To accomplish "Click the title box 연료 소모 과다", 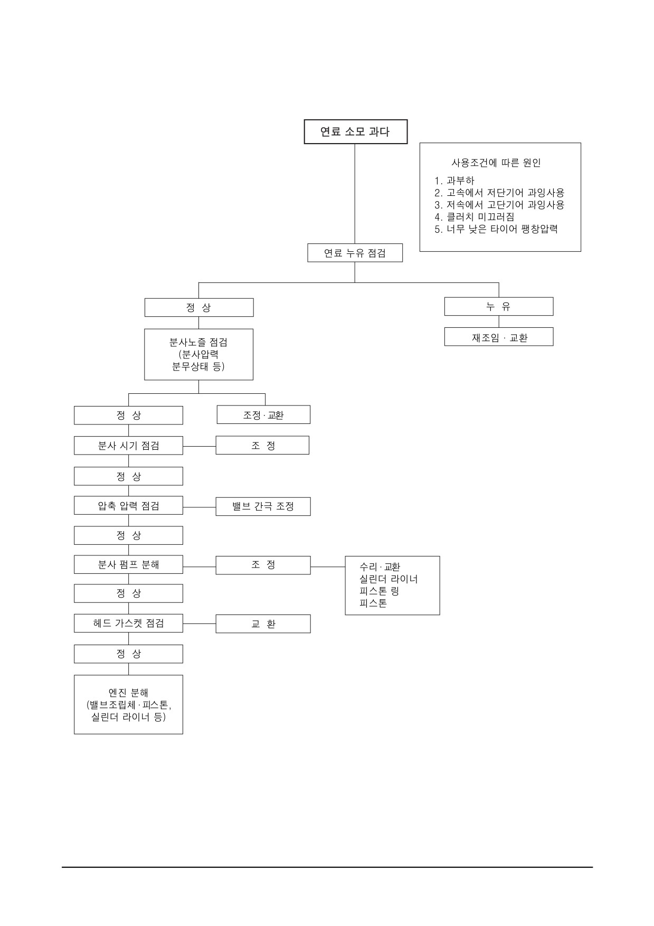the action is click(x=355, y=131).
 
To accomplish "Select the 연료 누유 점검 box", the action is click(x=355, y=253).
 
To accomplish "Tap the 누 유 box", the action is click(x=499, y=306).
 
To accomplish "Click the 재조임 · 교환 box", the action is click(x=499, y=337).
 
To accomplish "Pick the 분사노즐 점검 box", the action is click(x=198, y=354).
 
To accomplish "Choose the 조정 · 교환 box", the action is click(x=263, y=414).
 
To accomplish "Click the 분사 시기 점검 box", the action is click(x=128, y=445).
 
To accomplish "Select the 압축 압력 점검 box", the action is click(x=128, y=506).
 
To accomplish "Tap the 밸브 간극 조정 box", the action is click(x=263, y=506).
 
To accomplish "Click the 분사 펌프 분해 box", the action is click(x=128, y=564).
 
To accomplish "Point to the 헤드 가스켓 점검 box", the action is click(x=128, y=623).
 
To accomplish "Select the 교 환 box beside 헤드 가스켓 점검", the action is click(x=263, y=623).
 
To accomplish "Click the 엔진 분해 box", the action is click(x=128, y=704).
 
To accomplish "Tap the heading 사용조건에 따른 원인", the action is click(x=496, y=163).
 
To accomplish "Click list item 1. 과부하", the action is click(x=454, y=181).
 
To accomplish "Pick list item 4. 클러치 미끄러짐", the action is click(x=475, y=216).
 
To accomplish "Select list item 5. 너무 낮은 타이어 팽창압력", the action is click(x=496, y=229).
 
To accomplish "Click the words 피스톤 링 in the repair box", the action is click(x=379, y=591).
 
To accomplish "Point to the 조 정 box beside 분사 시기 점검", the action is click(x=262, y=445).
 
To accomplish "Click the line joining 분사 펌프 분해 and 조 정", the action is click(x=200, y=566).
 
